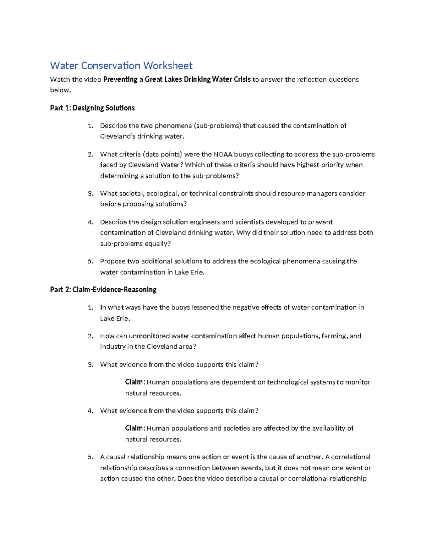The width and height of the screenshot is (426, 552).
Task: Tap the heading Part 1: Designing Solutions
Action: [92, 108]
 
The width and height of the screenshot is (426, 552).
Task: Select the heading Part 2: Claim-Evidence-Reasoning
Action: [103, 290]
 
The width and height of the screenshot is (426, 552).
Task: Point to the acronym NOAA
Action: [223, 154]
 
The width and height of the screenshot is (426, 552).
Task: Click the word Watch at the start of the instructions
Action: [60, 80]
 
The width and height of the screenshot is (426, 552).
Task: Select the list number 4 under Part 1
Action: [90, 222]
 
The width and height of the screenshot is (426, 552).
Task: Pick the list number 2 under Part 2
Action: [90, 336]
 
